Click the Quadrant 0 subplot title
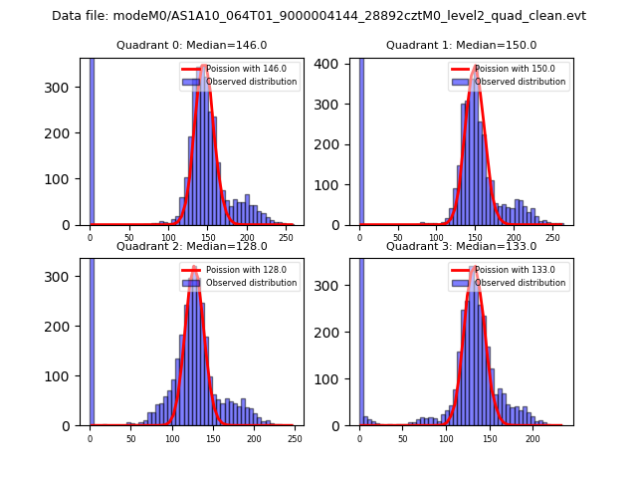click(191, 45)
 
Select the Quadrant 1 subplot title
click(461, 45)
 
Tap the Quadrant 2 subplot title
click(191, 246)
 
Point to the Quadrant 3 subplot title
click(461, 246)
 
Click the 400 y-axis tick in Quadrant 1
click(335, 63)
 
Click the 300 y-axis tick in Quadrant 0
click(65, 87)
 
